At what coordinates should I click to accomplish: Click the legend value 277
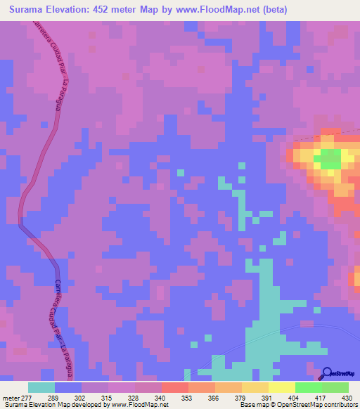point(26,397)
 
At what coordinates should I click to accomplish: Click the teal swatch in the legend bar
point(41,387)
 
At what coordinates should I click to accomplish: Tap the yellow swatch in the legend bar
point(281,387)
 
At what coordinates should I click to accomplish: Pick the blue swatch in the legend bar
point(68,387)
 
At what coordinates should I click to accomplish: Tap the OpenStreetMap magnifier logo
point(327,373)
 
